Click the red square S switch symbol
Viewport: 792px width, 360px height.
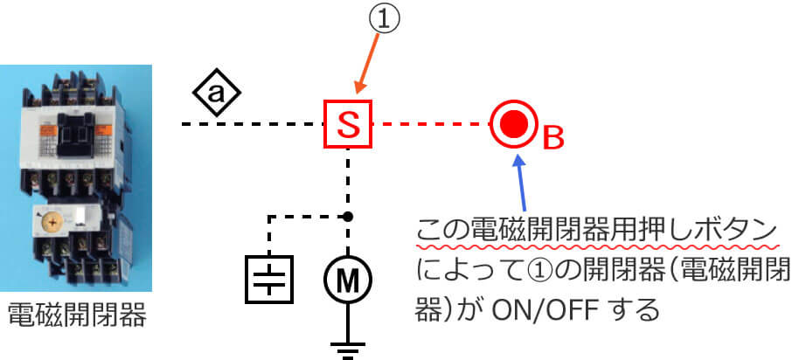pos(348,124)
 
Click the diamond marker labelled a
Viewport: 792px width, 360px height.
pos(216,90)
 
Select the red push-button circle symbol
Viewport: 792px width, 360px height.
pos(514,125)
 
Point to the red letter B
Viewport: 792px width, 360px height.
pos(553,138)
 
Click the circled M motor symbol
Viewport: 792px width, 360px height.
pos(348,280)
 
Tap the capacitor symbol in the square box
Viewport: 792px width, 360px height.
pos(269,279)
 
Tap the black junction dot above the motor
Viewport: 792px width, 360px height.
pos(348,216)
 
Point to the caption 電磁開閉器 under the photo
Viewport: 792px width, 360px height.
pos(77,316)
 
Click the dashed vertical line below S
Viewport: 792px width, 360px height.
pos(348,179)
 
